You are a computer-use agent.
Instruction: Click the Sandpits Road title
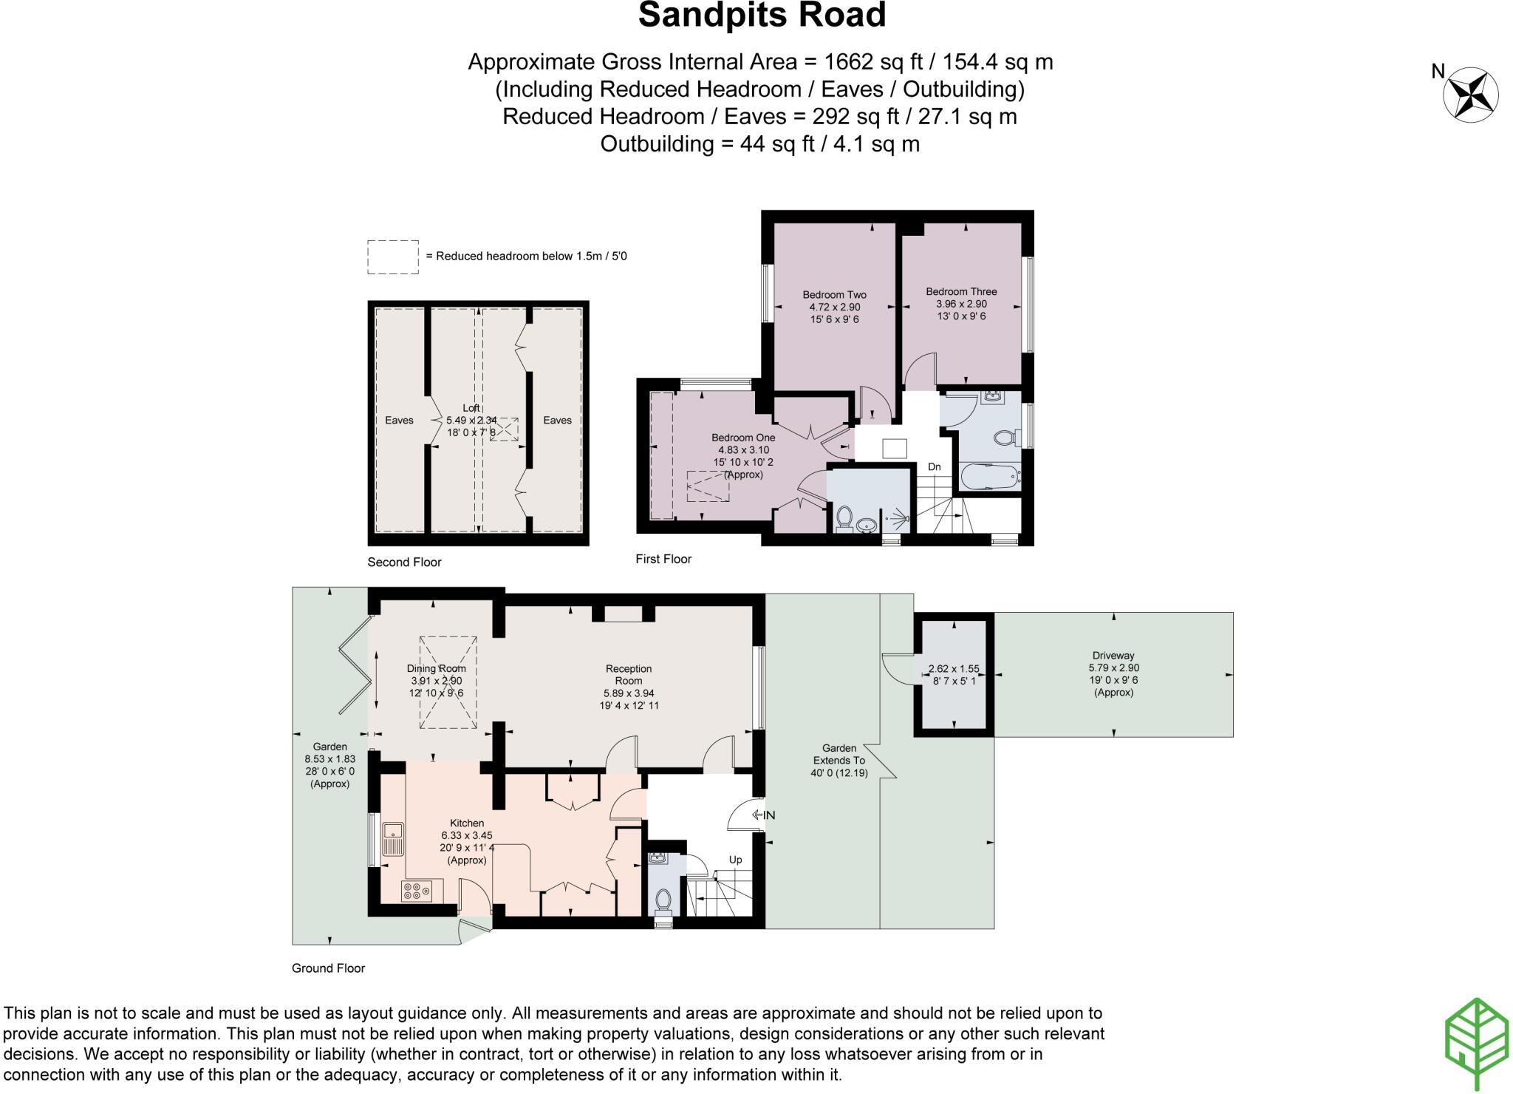(762, 16)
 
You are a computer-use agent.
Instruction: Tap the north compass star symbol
(1470, 95)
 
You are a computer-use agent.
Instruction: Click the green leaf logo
(1475, 1043)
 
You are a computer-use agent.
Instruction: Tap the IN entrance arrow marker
(763, 815)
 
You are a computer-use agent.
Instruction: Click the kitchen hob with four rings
(417, 891)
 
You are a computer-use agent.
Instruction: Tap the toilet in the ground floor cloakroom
(663, 899)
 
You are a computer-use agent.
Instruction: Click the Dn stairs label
(934, 466)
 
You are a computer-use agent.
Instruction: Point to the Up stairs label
(735, 860)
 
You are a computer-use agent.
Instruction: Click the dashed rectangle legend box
(393, 256)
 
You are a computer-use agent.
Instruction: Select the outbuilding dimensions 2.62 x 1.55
(953, 668)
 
